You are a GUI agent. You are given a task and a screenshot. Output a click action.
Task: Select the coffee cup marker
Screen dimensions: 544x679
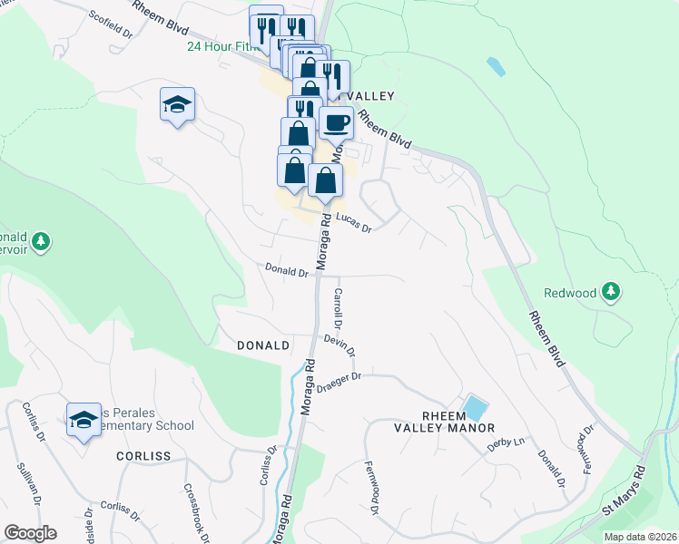pos(336,121)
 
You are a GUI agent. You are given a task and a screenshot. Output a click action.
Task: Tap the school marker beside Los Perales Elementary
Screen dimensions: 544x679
pos(84,420)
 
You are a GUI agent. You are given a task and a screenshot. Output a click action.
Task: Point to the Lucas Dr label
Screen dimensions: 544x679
pos(354,223)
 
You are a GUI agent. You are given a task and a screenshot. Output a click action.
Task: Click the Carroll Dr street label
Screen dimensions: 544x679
pos(337,307)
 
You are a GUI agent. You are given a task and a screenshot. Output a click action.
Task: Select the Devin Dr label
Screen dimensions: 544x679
pos(339,345)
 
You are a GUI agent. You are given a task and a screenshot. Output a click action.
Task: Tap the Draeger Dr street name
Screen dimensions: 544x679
pos(340,377)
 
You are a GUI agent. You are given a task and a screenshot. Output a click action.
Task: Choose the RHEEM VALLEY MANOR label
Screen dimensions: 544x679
pos(445,421)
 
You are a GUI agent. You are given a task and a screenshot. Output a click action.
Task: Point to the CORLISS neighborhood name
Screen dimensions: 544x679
pos(143,456)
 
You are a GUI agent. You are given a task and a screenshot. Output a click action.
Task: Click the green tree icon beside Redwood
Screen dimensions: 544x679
pos(613,291)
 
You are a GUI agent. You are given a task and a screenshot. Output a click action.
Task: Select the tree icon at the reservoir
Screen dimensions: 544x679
pos(40,241)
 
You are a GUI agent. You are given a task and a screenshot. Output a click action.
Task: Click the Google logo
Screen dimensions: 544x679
pos(30,533)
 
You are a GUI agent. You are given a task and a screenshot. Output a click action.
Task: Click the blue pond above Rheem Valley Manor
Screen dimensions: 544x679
pos(474,407)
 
